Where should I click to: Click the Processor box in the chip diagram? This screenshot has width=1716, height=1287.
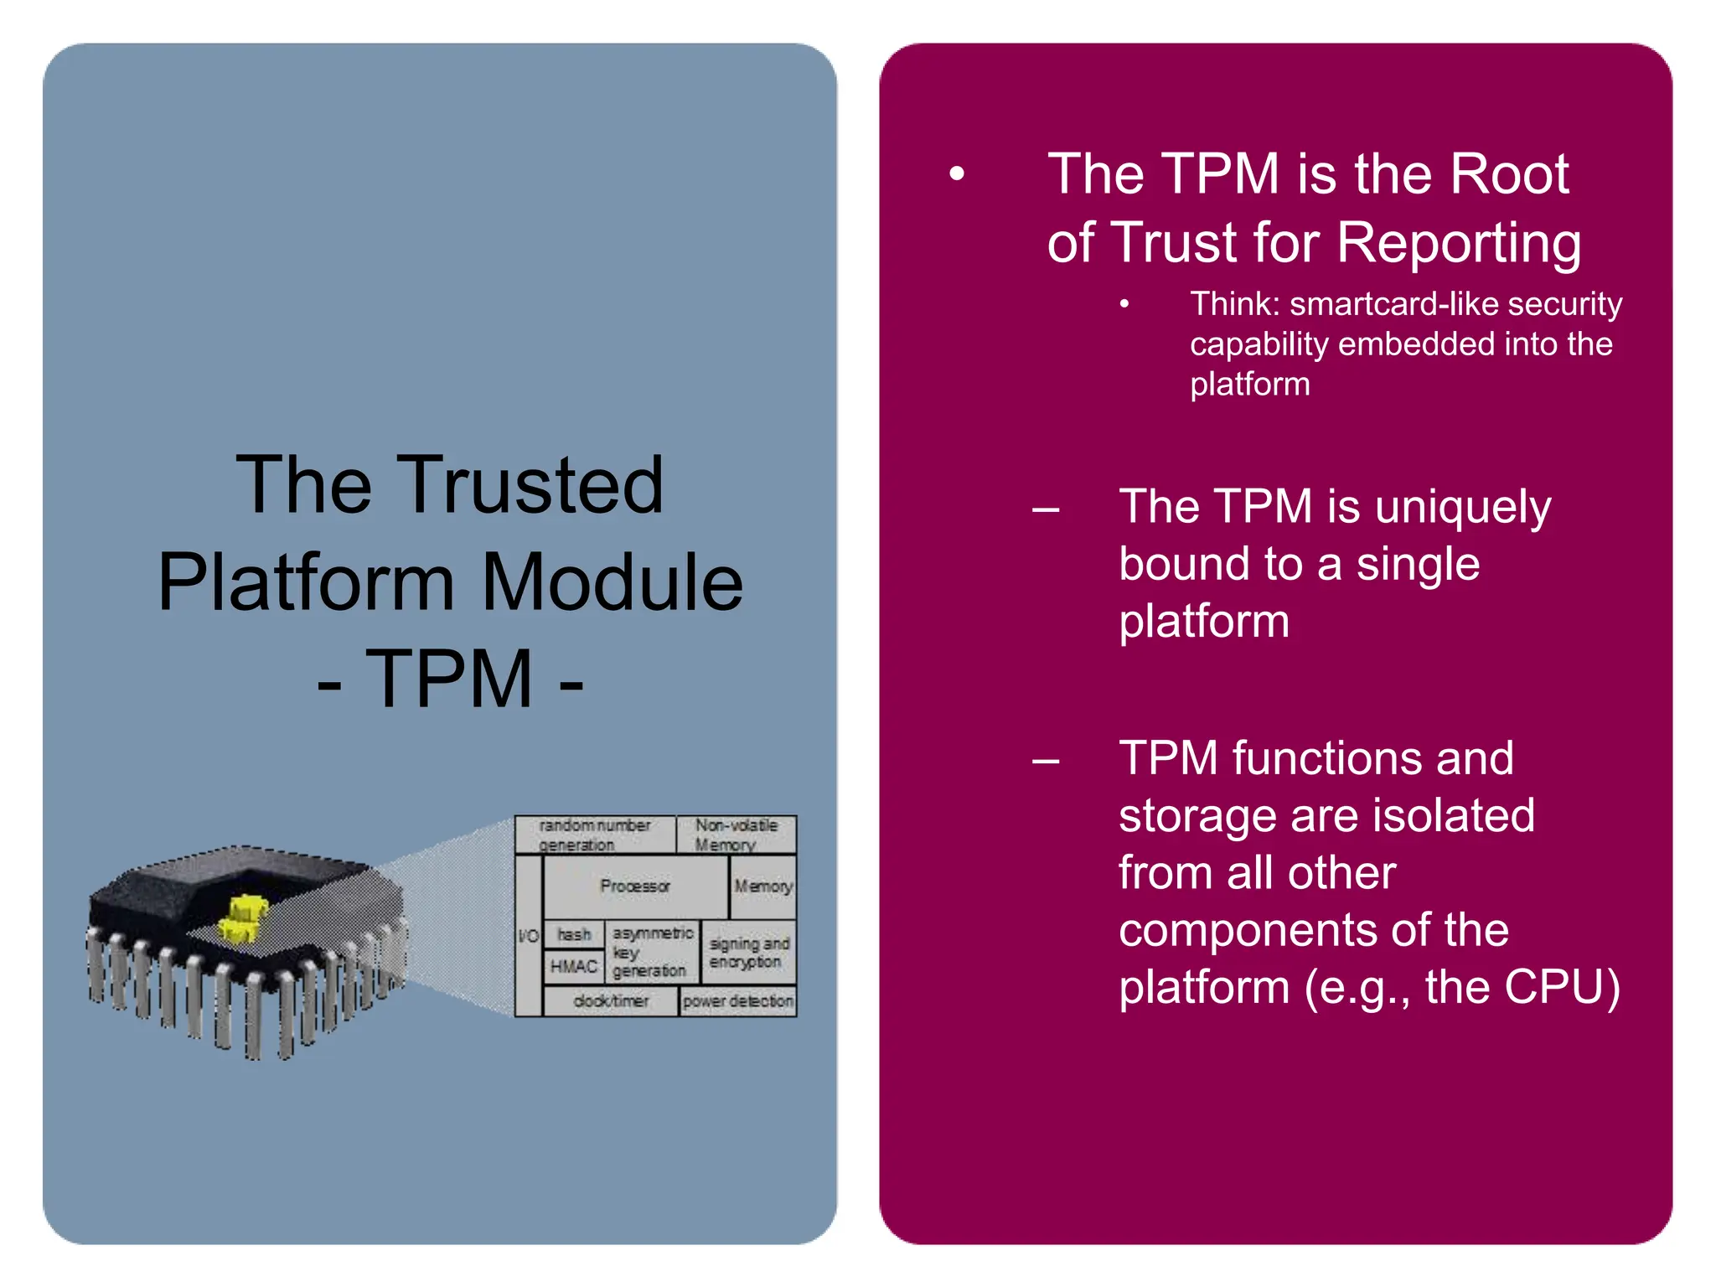[x=635, y=886]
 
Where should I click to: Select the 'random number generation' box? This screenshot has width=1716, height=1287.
[x=595, y=835]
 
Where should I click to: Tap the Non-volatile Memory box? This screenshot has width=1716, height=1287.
[x=736, y=835]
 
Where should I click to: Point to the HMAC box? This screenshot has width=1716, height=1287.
[x=574, y=967]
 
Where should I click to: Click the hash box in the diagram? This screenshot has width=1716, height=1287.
[x=574, y=934]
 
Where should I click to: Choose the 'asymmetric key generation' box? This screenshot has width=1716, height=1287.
[x=651, y=952]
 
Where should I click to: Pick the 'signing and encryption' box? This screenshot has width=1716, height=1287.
[x=748, y=953]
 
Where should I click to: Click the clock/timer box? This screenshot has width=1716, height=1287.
[x=611, y=1001]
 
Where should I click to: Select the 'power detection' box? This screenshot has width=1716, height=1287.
[x=737, y=1001]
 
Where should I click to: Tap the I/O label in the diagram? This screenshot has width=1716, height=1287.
[x=529, y=936]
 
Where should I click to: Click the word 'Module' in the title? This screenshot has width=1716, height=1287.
[x=612, y=581]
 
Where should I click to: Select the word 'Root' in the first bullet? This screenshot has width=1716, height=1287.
[x=1508, y=174]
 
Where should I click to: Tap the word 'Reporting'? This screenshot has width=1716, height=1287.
[x=1459, y=243]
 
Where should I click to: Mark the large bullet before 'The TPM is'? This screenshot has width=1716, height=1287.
[x=957, y=174]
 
